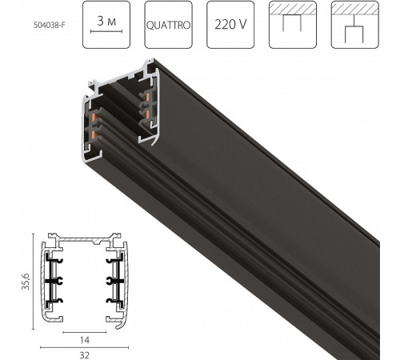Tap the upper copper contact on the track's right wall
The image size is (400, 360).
tap(149, 98)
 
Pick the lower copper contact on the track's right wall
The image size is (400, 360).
tap(150, 115)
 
